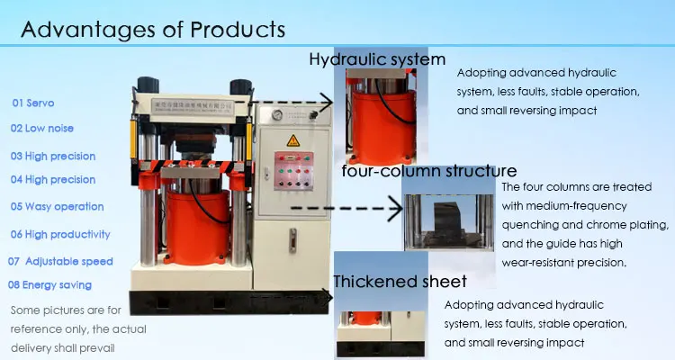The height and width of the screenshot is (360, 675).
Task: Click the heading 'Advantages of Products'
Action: click(x=153, y=30)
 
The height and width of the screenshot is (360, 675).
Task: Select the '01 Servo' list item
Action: click(x=32, y=103)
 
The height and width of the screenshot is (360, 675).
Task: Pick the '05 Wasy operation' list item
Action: click(x=58, y=207)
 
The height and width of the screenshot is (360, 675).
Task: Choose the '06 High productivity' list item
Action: click(x=60, y=235)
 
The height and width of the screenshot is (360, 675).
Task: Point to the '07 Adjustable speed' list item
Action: click(x=60, y=262)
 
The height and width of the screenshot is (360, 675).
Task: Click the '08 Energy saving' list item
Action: click(x=51, y=285)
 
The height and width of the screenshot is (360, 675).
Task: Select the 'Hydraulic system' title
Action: click(x=377, y=60)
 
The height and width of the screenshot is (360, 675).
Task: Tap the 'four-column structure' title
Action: click(x=428, y=171)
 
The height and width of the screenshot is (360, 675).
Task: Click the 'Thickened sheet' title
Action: click(x=400, y=282)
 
